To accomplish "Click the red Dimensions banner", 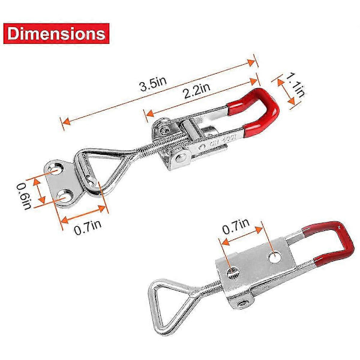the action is (56, 34).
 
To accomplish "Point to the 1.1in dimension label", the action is (295, 84).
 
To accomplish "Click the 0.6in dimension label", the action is (23, 196).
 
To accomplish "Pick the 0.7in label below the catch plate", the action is (88, 227).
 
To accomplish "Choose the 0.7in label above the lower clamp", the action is (236, 226).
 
